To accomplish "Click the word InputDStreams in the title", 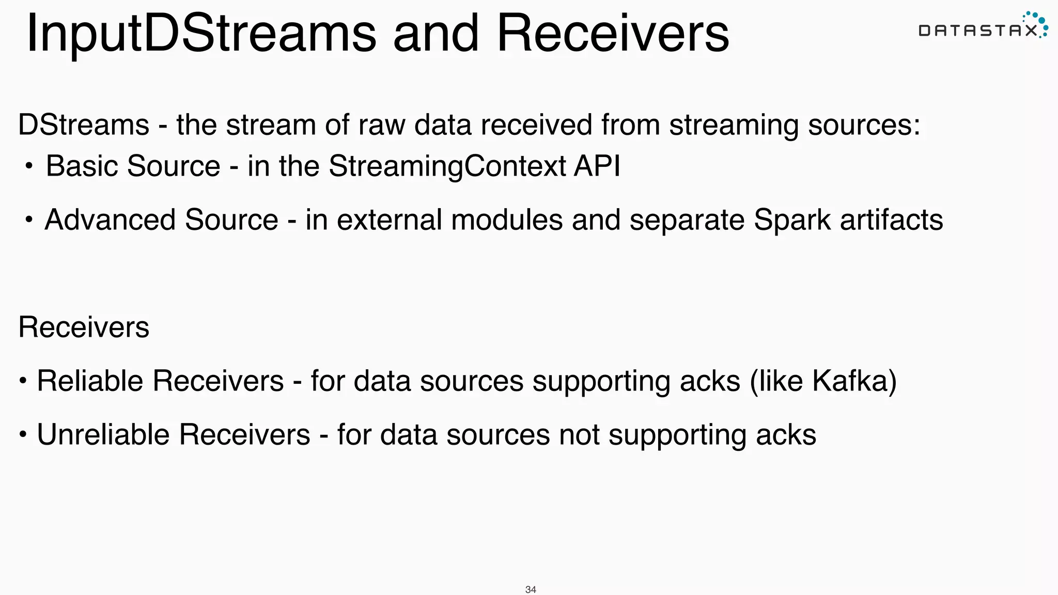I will coord(201,34).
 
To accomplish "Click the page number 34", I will coord(530,589).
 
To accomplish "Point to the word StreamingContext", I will coord(447,166).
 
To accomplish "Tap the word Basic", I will coord(82,166).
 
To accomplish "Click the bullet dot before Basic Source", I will coord(29,166).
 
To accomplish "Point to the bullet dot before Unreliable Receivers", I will coord(23,434).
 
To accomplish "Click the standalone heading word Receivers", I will coord(84,327).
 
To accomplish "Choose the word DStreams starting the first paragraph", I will coord(84,126).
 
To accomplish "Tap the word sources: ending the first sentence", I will coord(864,126).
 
